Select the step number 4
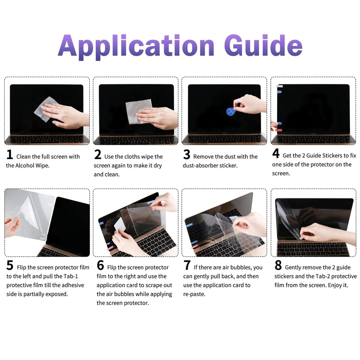[x=276, y=154]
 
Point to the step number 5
[x=10, y=266]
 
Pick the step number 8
[x=278, y=266]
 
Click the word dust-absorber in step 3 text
[x=201, y=166]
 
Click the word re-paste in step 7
[x=194, y=294]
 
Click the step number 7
[x=187, y=266]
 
